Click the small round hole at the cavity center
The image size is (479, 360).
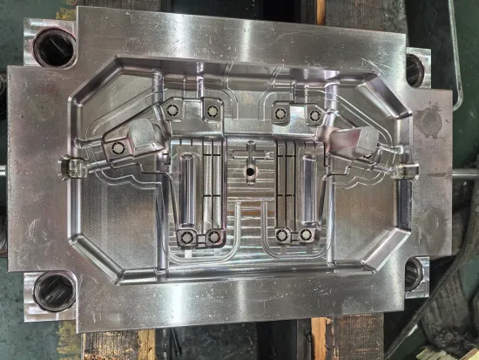250,173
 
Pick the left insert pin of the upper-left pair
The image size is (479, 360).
172,110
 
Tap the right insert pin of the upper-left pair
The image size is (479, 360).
209,108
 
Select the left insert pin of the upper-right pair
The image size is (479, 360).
280,110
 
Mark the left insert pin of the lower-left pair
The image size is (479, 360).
186,236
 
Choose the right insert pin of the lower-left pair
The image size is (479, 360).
213,236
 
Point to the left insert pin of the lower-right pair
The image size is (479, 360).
280,235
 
